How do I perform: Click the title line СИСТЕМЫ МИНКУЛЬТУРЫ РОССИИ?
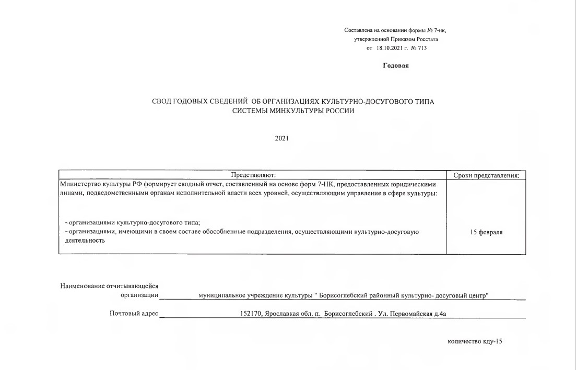click(289, 111)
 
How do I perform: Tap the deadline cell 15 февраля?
click(487, 232)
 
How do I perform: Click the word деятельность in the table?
click(81, 241)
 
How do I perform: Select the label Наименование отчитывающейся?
click(109, 285)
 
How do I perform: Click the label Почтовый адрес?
click(134, 314)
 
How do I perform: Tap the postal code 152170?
click(248, 314)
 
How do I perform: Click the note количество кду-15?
click(475, 341)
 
